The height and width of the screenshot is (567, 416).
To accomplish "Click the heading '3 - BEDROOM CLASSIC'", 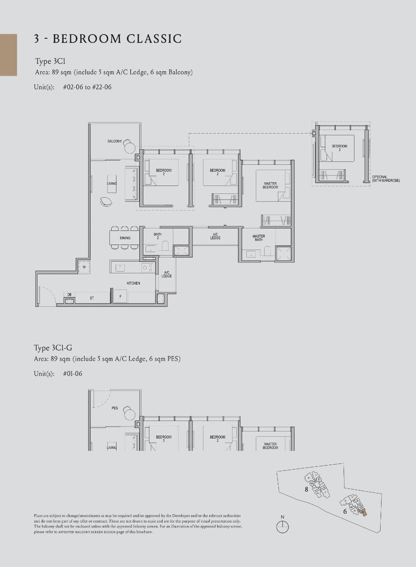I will [108, 39].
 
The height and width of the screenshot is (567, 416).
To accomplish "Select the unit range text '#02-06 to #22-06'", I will [87, 87].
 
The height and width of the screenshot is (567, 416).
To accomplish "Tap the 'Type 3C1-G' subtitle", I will [53, 348].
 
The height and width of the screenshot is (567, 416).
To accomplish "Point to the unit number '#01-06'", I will [73, 374].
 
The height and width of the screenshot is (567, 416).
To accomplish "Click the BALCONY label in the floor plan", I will [115, 141].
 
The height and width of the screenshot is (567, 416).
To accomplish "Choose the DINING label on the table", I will [125, 238].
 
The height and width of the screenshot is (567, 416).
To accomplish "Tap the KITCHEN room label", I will [134, 283].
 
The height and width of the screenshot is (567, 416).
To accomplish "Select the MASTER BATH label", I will [259, 238].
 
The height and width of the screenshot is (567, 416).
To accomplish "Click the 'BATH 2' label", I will [158, 236].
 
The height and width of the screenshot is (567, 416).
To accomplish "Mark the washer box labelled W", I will [84, 267].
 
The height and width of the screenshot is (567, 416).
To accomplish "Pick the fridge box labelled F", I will [120, 296].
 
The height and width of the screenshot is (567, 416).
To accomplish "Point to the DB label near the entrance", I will [69, 295].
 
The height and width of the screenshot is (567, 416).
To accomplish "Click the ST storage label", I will [92, 298].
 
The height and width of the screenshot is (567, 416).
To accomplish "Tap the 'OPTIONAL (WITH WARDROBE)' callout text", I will [386, 179].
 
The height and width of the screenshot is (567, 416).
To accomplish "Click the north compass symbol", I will [282, 526].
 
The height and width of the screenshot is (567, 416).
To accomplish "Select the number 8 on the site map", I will [307, 490].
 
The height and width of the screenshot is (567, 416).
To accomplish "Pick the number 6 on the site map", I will [345, 512].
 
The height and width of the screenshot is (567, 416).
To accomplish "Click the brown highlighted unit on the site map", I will [364, 513].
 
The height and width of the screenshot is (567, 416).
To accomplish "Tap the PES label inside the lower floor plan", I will [115, 408].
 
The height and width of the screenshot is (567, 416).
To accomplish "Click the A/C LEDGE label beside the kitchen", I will [166, 274].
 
